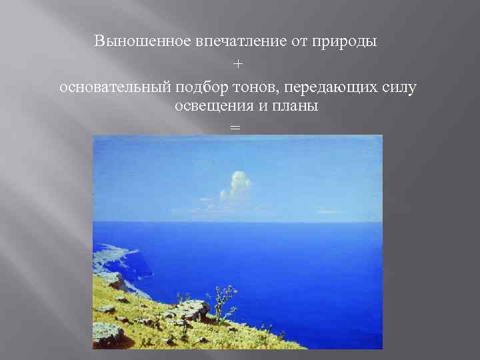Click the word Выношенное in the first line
tap(133, 41)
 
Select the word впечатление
tap(233, 41)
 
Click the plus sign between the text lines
tap(239, 64)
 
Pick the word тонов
tap(245, 86)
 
